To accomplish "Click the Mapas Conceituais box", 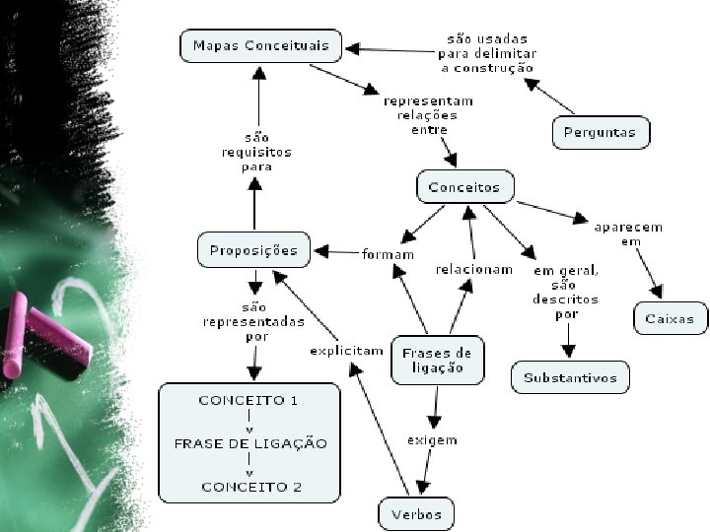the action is pyautogui.click(x=260, y=45).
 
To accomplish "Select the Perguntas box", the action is pyautogui.click(x=601, y=133).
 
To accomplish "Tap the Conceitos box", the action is pyautogui.click(x=465, y=186).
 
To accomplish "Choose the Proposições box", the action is pyautogui.click(x=254, y=249).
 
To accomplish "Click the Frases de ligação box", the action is pyautogui.click(x=438, y=361).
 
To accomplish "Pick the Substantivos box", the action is pyautogui.click(x=570, y=377).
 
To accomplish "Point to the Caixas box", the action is pyautogui.click(x=671, y=318).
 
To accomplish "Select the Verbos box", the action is pyautogui.click(x=416, y=514).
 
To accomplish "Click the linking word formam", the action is pyautogui.click(x=389, y=254).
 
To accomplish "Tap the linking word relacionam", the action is pyautogui.click(x=474, y=270).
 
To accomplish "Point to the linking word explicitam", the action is pyautogui.click(x=347, y=351).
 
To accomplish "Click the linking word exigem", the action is pyautogui.click(x=433, y=440).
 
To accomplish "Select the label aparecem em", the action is pyautogui.click(x=628, y=233).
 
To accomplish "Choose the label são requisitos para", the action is pyautogui.click(x=256, y=152).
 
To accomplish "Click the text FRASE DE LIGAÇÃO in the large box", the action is pyautogui.click(x=250, y=443).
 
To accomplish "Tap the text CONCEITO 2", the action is pyautogui.click(x=251, y=488).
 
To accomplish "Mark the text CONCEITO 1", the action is pyautogui.click(x=248, y=400).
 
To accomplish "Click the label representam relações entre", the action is pyautogui.click(x=428, y=115).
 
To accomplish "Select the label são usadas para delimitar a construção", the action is pyautogui.click(x=487, y=53).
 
